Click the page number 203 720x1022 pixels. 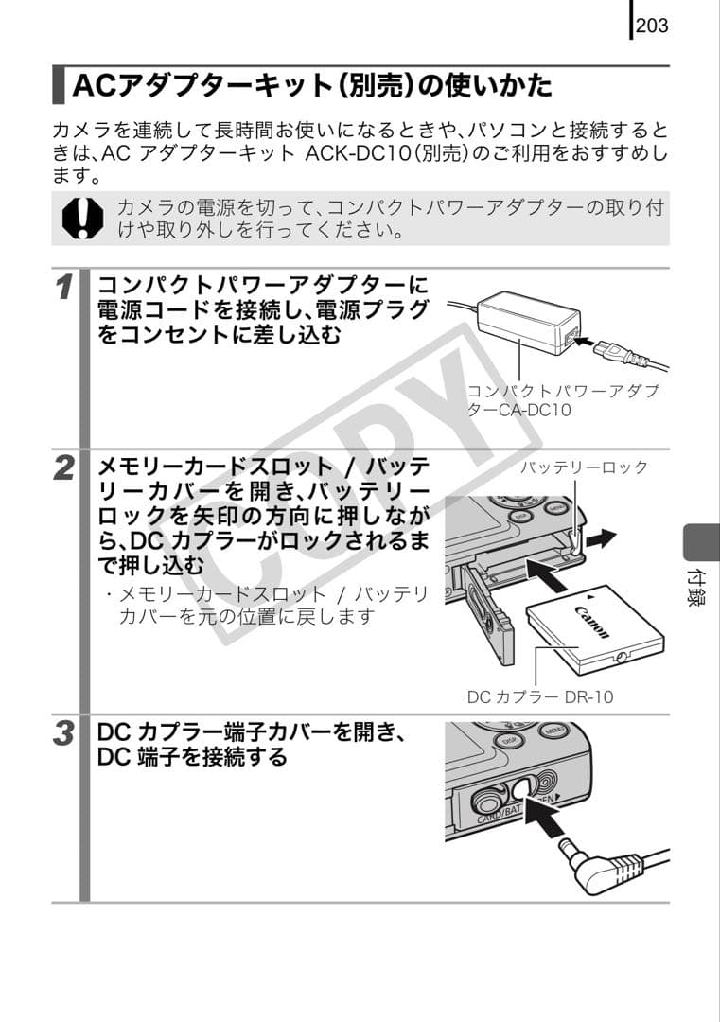coord(652,25)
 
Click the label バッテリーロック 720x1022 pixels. coord(585,467)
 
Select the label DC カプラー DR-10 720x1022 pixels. coord(540,696)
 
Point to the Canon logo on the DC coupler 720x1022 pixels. coord(587,621)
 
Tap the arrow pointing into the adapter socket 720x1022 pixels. coord(592,338)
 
